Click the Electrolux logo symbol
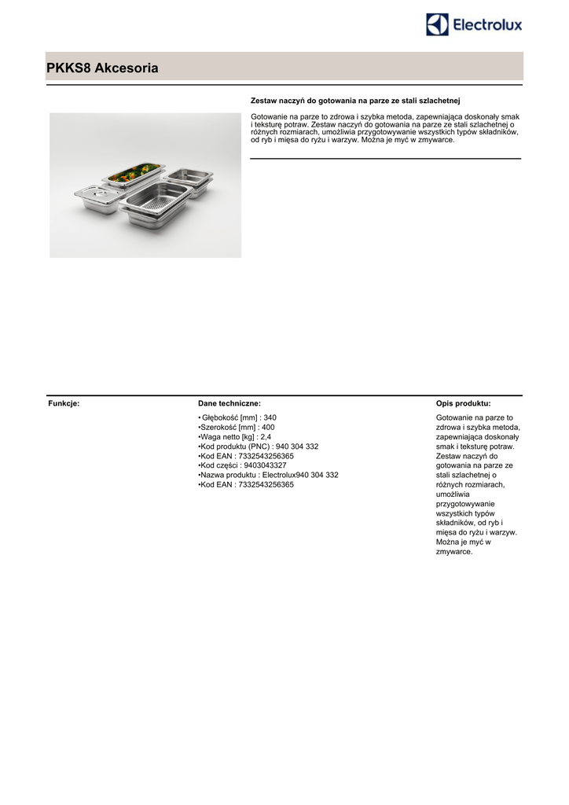point(437,24)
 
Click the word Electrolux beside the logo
point(486,26)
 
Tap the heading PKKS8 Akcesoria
point(102,68)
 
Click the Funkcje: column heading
point(64,403)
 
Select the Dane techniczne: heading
point(229,403)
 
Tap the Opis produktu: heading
point(463,403)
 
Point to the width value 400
point(267,427)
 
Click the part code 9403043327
point(265,465)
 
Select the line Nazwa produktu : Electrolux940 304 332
point(268,475)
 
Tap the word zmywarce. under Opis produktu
point(453,552)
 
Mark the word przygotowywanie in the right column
point(464,504)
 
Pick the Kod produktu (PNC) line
point(259,447)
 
